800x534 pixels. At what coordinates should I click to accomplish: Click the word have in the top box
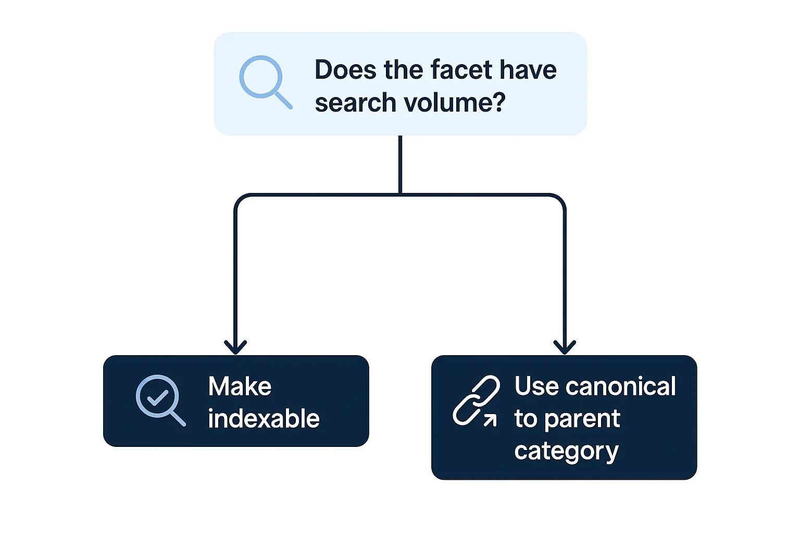[528, 70]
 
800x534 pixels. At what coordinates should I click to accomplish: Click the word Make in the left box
[240, 386]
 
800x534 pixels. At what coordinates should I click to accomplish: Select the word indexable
[264, 419]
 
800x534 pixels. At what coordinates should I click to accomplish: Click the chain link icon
[475, 400]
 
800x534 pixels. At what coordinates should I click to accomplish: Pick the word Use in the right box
[536, 386]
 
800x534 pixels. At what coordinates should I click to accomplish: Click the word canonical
[621, 386]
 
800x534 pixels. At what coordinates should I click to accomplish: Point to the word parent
[582, 419]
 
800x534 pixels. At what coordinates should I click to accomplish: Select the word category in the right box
[566, 451]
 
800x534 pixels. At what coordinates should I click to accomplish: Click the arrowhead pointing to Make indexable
[235, 347]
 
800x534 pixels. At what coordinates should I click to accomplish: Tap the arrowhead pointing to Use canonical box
[565, 347]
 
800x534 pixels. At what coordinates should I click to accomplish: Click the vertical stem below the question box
[400, 164]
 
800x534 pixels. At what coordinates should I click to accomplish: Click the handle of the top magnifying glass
[283, 100]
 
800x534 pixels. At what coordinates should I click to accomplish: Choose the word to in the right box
[525, 419]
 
